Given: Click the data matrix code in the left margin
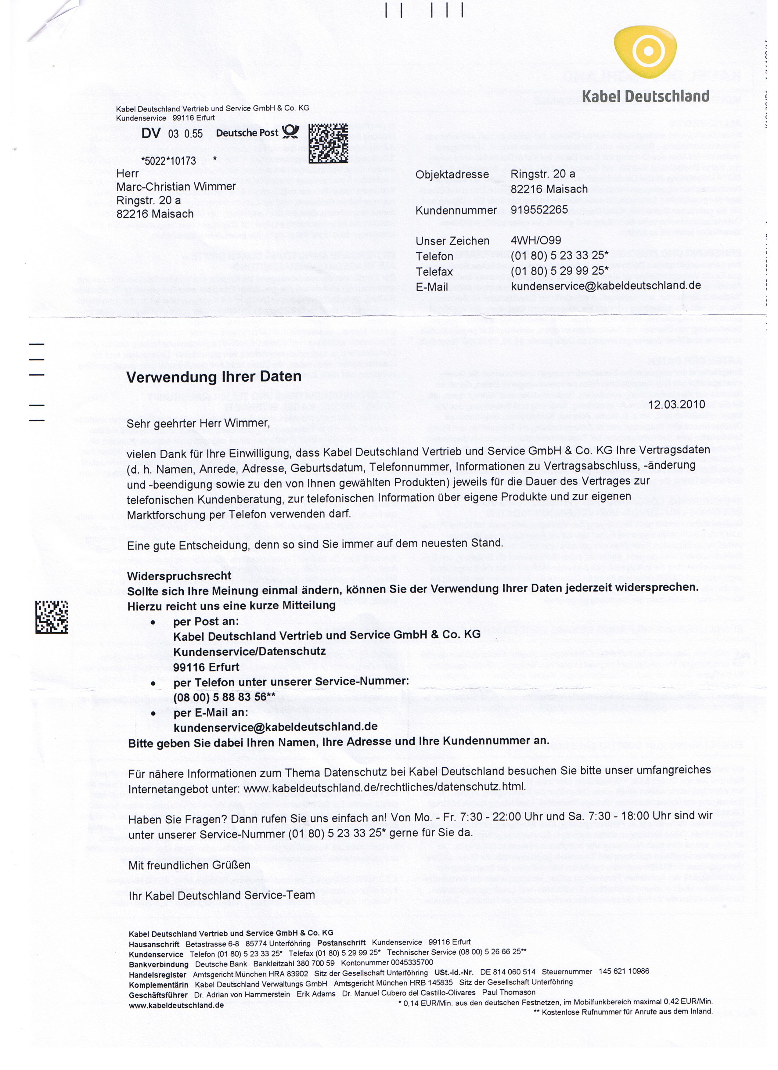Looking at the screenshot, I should (x=52, y=617).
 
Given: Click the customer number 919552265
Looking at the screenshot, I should (x=539, y=210).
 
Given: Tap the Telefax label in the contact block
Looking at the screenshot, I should (x=434, y=272).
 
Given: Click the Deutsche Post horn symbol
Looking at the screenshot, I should (x=291, y=132).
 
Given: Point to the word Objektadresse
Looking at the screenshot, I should (x=452, y=174).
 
